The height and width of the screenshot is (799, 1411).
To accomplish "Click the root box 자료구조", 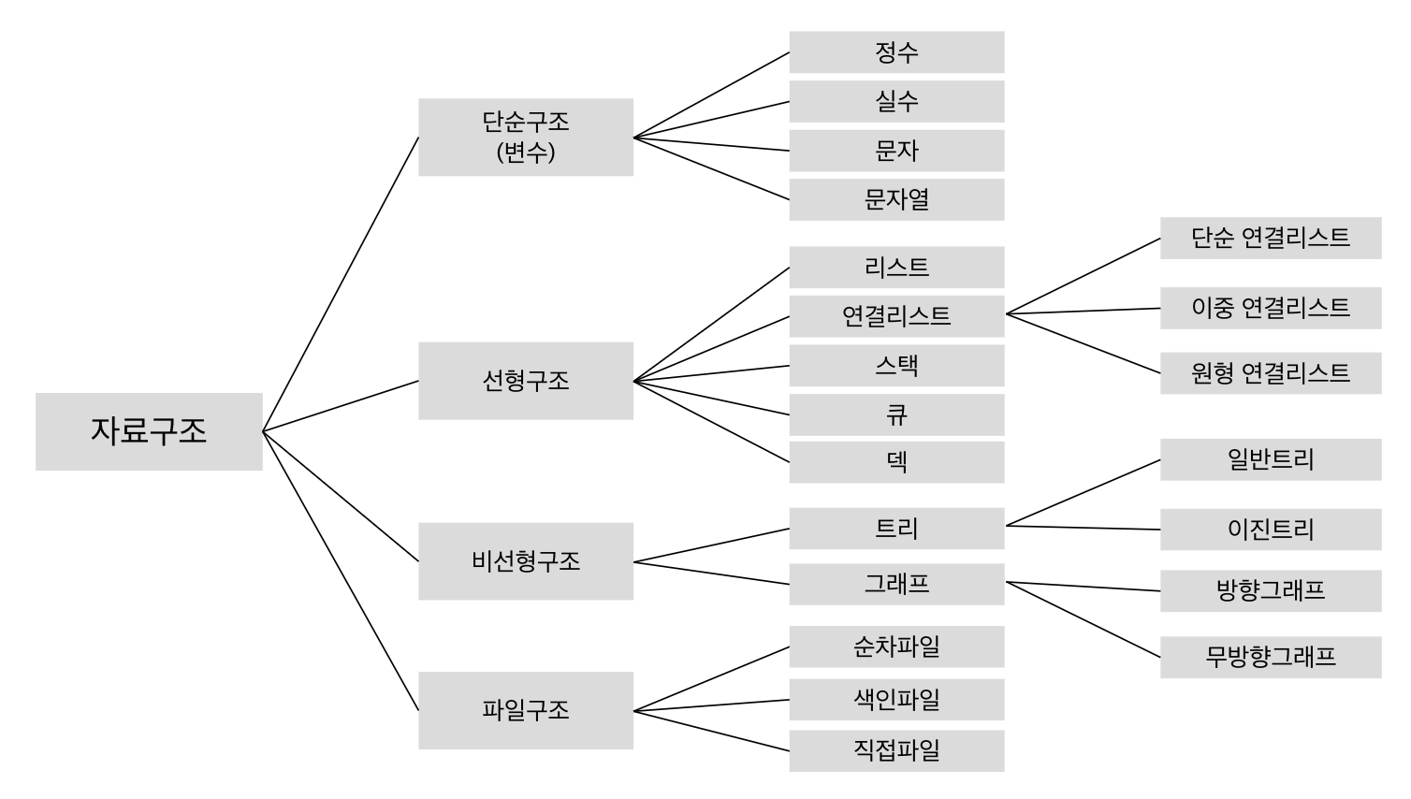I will point(149,431).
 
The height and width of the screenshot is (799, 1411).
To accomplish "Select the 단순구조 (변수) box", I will point(525,137).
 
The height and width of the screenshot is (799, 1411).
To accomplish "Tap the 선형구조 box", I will point(525,381).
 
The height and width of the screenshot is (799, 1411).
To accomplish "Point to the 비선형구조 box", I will point(525,561).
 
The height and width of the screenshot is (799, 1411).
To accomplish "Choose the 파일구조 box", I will point(525,710).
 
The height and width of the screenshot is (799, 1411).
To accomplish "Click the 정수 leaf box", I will point(896,52).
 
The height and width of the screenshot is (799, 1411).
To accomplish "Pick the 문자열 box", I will point(896,199).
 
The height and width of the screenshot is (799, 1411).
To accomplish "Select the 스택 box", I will point(896,366).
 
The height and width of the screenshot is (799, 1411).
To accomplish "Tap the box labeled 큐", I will point(896,414).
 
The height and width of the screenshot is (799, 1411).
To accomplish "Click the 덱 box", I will point(896,462).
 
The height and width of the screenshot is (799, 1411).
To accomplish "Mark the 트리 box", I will point(896,529).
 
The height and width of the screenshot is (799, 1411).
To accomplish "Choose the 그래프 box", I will point(896,584).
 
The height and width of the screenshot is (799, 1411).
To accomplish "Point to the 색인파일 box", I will point(896,700).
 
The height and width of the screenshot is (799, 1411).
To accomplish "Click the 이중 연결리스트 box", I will point(1271,308).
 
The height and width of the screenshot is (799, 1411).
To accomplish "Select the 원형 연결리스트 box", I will point(1271,373).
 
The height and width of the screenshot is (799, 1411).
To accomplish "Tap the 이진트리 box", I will point(1271,530).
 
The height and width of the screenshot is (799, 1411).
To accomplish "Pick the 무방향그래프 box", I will point(1271,657).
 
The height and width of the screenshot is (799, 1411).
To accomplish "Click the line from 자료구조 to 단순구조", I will point(341,284).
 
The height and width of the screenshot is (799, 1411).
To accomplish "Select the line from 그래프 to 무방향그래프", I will point(1083,618).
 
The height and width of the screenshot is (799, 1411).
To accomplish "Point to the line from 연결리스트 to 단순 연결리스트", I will point(1083,276).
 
